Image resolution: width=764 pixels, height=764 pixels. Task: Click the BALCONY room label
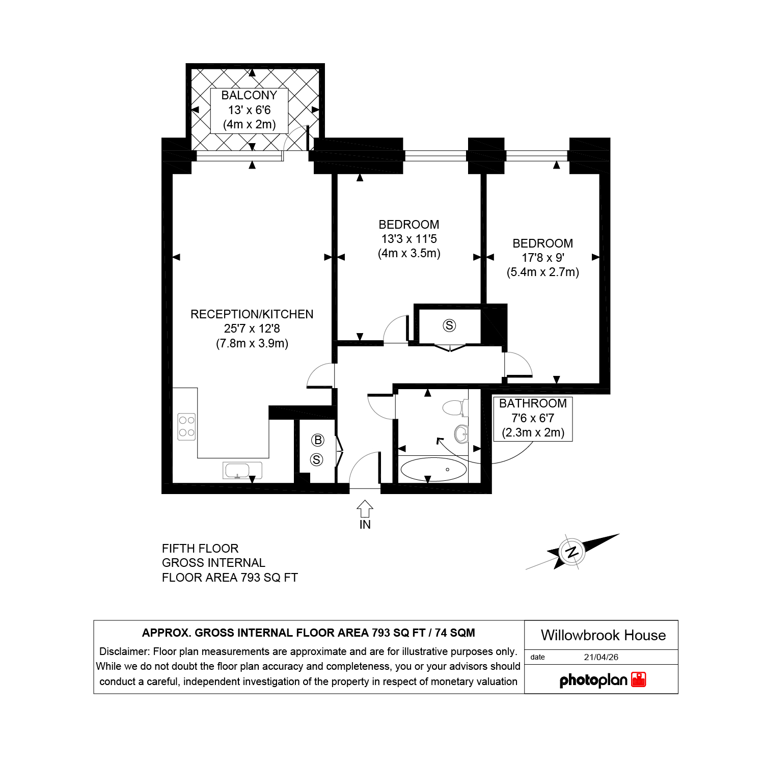pos(249,95)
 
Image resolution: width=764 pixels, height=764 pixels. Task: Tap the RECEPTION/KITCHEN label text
pos(252,314)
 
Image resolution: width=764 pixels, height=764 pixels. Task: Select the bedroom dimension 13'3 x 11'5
pos(409,239)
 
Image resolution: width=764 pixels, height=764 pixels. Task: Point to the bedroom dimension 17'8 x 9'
pos(543,258)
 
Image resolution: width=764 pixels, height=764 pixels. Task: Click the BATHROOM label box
pos(533,419)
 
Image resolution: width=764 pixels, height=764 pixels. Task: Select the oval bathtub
pos(433,470)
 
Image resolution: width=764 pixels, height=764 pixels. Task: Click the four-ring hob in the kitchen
pos(186,426)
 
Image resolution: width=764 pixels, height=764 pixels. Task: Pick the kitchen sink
pos(242,470)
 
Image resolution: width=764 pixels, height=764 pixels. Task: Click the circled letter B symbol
pos(318,440)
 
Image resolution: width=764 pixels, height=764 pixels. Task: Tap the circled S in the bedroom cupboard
pos(449,325)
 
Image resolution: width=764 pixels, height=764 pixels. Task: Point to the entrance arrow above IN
pos(365,508)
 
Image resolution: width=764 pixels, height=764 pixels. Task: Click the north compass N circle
pos(571,552)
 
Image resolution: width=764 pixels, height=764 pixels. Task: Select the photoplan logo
pos(603,680)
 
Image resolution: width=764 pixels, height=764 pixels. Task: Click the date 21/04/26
pos(601,657)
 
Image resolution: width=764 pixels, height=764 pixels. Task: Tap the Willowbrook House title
pos(604,635)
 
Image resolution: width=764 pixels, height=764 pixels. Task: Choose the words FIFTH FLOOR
pos(200,549)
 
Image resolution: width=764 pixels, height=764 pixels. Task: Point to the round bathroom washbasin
pos(461,434)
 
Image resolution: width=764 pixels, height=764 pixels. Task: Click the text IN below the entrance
pos(365,525)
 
